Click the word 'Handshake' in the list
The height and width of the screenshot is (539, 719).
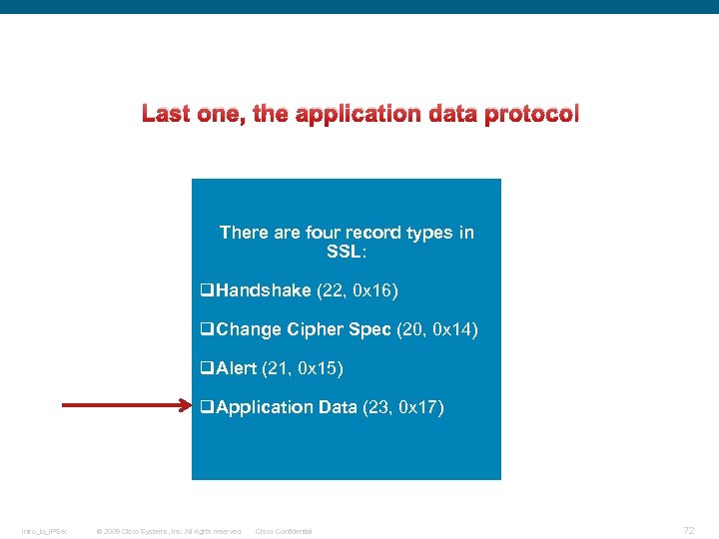[264, 290]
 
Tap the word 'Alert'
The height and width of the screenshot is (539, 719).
[237, 368]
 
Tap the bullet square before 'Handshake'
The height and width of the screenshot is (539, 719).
[207, 290]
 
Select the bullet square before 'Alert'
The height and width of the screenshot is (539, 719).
[207, 368]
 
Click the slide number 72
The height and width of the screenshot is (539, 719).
[688, 529]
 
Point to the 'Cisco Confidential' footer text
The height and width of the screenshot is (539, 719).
[284, 531]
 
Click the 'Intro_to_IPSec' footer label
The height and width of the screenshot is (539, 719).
[44, 531]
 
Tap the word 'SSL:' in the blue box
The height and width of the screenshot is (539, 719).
[347, 252]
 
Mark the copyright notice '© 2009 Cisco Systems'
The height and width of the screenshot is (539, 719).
[168, 531]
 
